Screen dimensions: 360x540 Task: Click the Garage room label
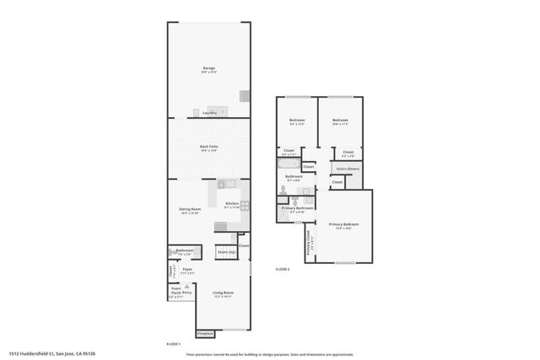pyautogui.click(x=208, y=68)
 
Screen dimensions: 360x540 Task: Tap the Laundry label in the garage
pyautogui.click(x=209, y=112)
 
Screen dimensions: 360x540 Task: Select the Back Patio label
pyautogui.click(x=208, y=148)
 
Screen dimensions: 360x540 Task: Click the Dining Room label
pyautogui.click(x=189, y=209)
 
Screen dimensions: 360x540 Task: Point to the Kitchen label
pyautogui.click(x=233, y=204)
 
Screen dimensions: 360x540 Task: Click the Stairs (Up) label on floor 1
pyautogui.click(x=225, y=251)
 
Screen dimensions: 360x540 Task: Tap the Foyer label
pyautogui.click(x=187, y=269)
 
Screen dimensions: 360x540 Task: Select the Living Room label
pyautogui.click(x=223, y=293)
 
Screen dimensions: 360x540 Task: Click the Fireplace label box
pyautogui.click(x=204, y=333)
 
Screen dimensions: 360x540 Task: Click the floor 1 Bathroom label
pyautogui.click(x=184, y=250)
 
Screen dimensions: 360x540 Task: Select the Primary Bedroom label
pyautogui.click(x=347, y=224)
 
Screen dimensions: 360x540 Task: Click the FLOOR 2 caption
pyautogui.click(x=283, y=269)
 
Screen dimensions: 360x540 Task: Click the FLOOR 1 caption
pyautogui.click(x=175, y=345)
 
